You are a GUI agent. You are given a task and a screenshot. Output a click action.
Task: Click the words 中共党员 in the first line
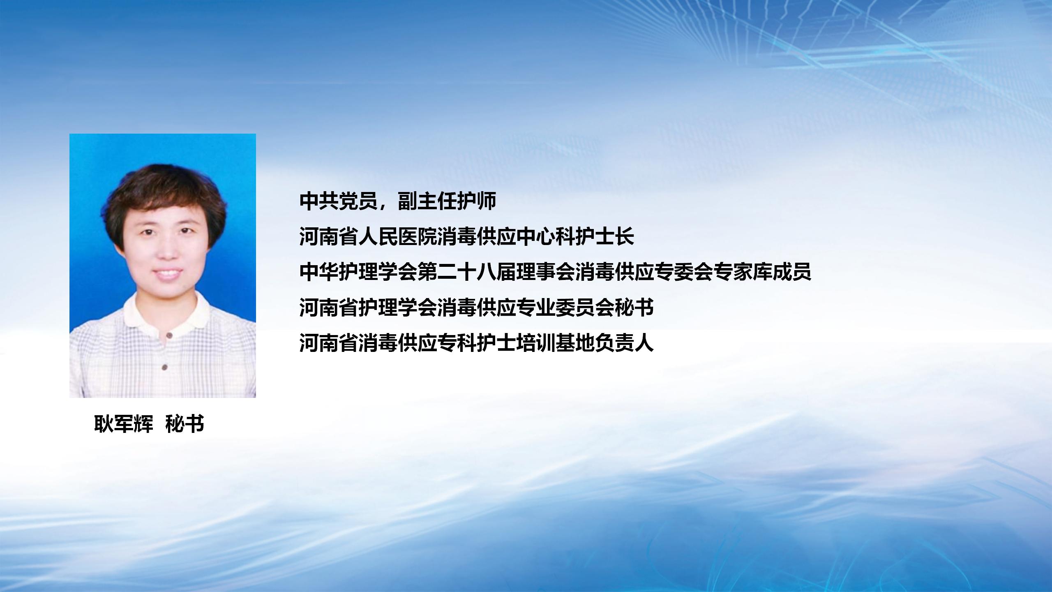pyautogui.click(x=339, y=201)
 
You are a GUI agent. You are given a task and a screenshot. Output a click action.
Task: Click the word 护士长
pyautogui.click(x=605, y=236)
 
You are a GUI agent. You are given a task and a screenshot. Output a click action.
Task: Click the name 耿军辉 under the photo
pyautogui.click(x=123, y=424)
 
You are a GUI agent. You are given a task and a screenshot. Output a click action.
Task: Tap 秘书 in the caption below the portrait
pyautogui.click(x=185, y=424)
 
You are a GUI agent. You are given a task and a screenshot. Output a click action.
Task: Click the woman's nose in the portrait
pyautogui.click(x=167, y=250)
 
